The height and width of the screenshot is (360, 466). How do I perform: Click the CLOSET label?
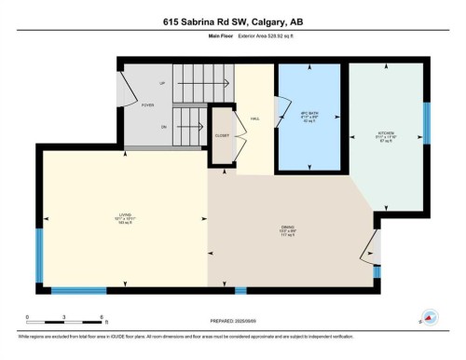point(222,135)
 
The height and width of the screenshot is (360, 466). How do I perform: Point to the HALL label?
point(253,118)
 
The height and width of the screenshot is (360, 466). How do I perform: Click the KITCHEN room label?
point(388,134)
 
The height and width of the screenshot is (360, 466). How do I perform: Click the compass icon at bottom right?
point(430,317)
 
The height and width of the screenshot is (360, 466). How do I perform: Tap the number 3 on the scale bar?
point(62,317)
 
